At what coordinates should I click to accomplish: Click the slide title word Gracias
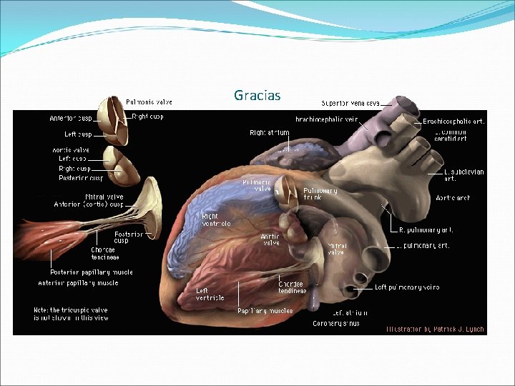(x=257, y=95)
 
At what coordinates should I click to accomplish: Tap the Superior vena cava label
(x=350, y=103)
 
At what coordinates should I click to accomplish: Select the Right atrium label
(x=270, y=132)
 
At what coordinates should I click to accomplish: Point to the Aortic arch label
(x=452, y=198)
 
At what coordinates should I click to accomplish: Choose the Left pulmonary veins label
(x=407, y=287)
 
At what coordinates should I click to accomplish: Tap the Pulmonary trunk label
(x=320, y=194)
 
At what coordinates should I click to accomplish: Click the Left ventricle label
(x=210, y=294)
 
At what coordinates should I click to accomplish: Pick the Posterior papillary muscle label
(x=91, y=272)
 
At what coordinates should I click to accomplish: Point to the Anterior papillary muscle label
(x=78, y=283)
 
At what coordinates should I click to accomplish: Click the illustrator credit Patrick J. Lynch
(x=435, y=330)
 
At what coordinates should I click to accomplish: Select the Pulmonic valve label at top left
(x=149, y=102)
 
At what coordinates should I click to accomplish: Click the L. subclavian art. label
(x=463, y=175)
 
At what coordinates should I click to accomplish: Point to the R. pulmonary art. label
(x=426, y=230)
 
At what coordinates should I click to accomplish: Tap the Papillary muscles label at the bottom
(x=265, y=311)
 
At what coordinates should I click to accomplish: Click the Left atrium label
(x=350, y=312)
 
